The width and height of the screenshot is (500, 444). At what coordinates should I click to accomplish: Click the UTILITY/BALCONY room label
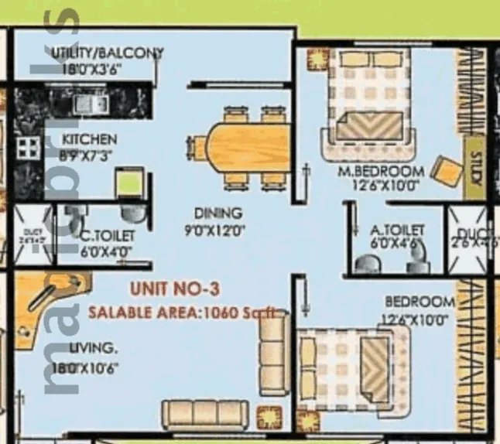coord(107,53)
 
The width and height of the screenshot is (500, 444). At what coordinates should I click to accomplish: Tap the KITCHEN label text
coord(90,140)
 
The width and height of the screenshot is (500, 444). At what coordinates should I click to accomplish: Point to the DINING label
coord(218,213)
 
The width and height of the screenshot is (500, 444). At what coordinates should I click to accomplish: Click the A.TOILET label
coord(398,230)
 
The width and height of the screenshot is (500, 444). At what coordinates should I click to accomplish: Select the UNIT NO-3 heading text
coord(176,289)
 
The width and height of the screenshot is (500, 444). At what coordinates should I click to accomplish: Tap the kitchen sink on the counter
coord(84,103)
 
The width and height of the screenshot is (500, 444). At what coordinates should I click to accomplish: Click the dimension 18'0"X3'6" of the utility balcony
coord(87,68)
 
